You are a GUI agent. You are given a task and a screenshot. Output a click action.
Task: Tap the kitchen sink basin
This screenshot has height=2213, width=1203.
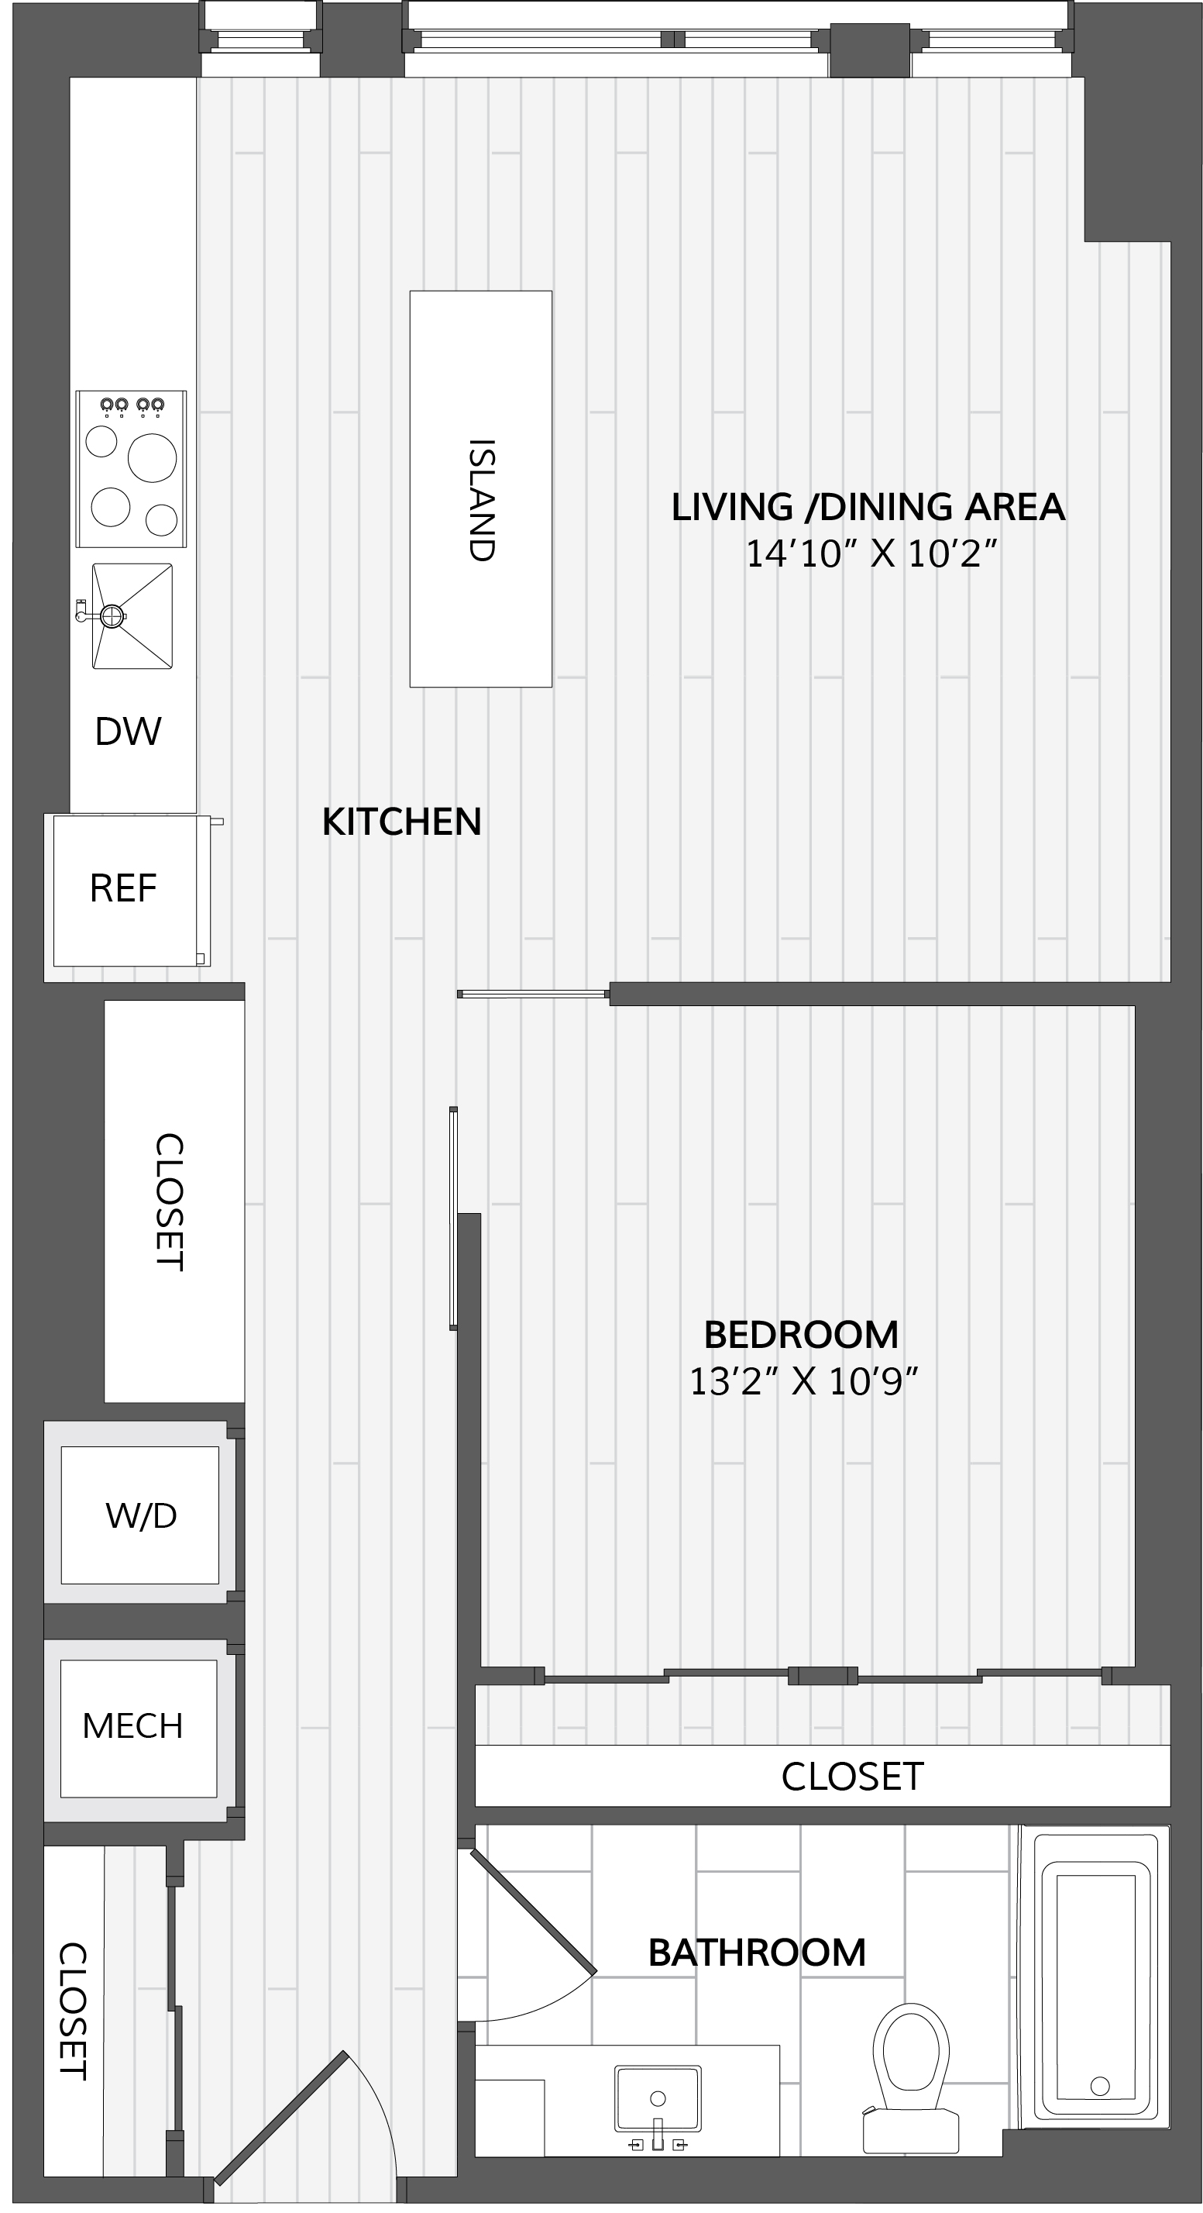coord(132,615)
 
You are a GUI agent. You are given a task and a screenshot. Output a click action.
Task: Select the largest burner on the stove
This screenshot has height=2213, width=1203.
coord(152,458)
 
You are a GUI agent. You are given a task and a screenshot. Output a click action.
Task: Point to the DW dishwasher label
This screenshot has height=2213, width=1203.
coord(128,732)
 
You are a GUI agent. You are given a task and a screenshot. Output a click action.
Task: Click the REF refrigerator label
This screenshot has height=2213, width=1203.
coord(124,888)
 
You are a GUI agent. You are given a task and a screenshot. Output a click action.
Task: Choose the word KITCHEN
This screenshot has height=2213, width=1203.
coord(402,822)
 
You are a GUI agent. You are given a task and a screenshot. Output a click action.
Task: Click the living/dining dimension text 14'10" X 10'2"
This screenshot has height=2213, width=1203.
coord(871,554)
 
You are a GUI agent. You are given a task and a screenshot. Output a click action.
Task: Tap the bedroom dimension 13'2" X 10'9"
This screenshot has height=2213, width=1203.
coord(804,1381)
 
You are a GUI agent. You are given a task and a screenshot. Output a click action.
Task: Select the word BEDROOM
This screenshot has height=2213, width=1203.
coord(801,1335)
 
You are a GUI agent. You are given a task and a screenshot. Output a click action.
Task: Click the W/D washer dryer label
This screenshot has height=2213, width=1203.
coord(141,1515)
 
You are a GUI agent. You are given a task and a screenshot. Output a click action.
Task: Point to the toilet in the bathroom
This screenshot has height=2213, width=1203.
coord(911,2077)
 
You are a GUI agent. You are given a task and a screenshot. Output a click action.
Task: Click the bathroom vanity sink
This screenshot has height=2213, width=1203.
coord(658,2097)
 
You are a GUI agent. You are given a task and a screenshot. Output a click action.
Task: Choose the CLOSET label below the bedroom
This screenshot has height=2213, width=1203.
coord(852,1776)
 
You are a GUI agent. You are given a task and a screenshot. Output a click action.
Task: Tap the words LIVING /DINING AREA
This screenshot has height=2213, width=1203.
coord(868,507)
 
